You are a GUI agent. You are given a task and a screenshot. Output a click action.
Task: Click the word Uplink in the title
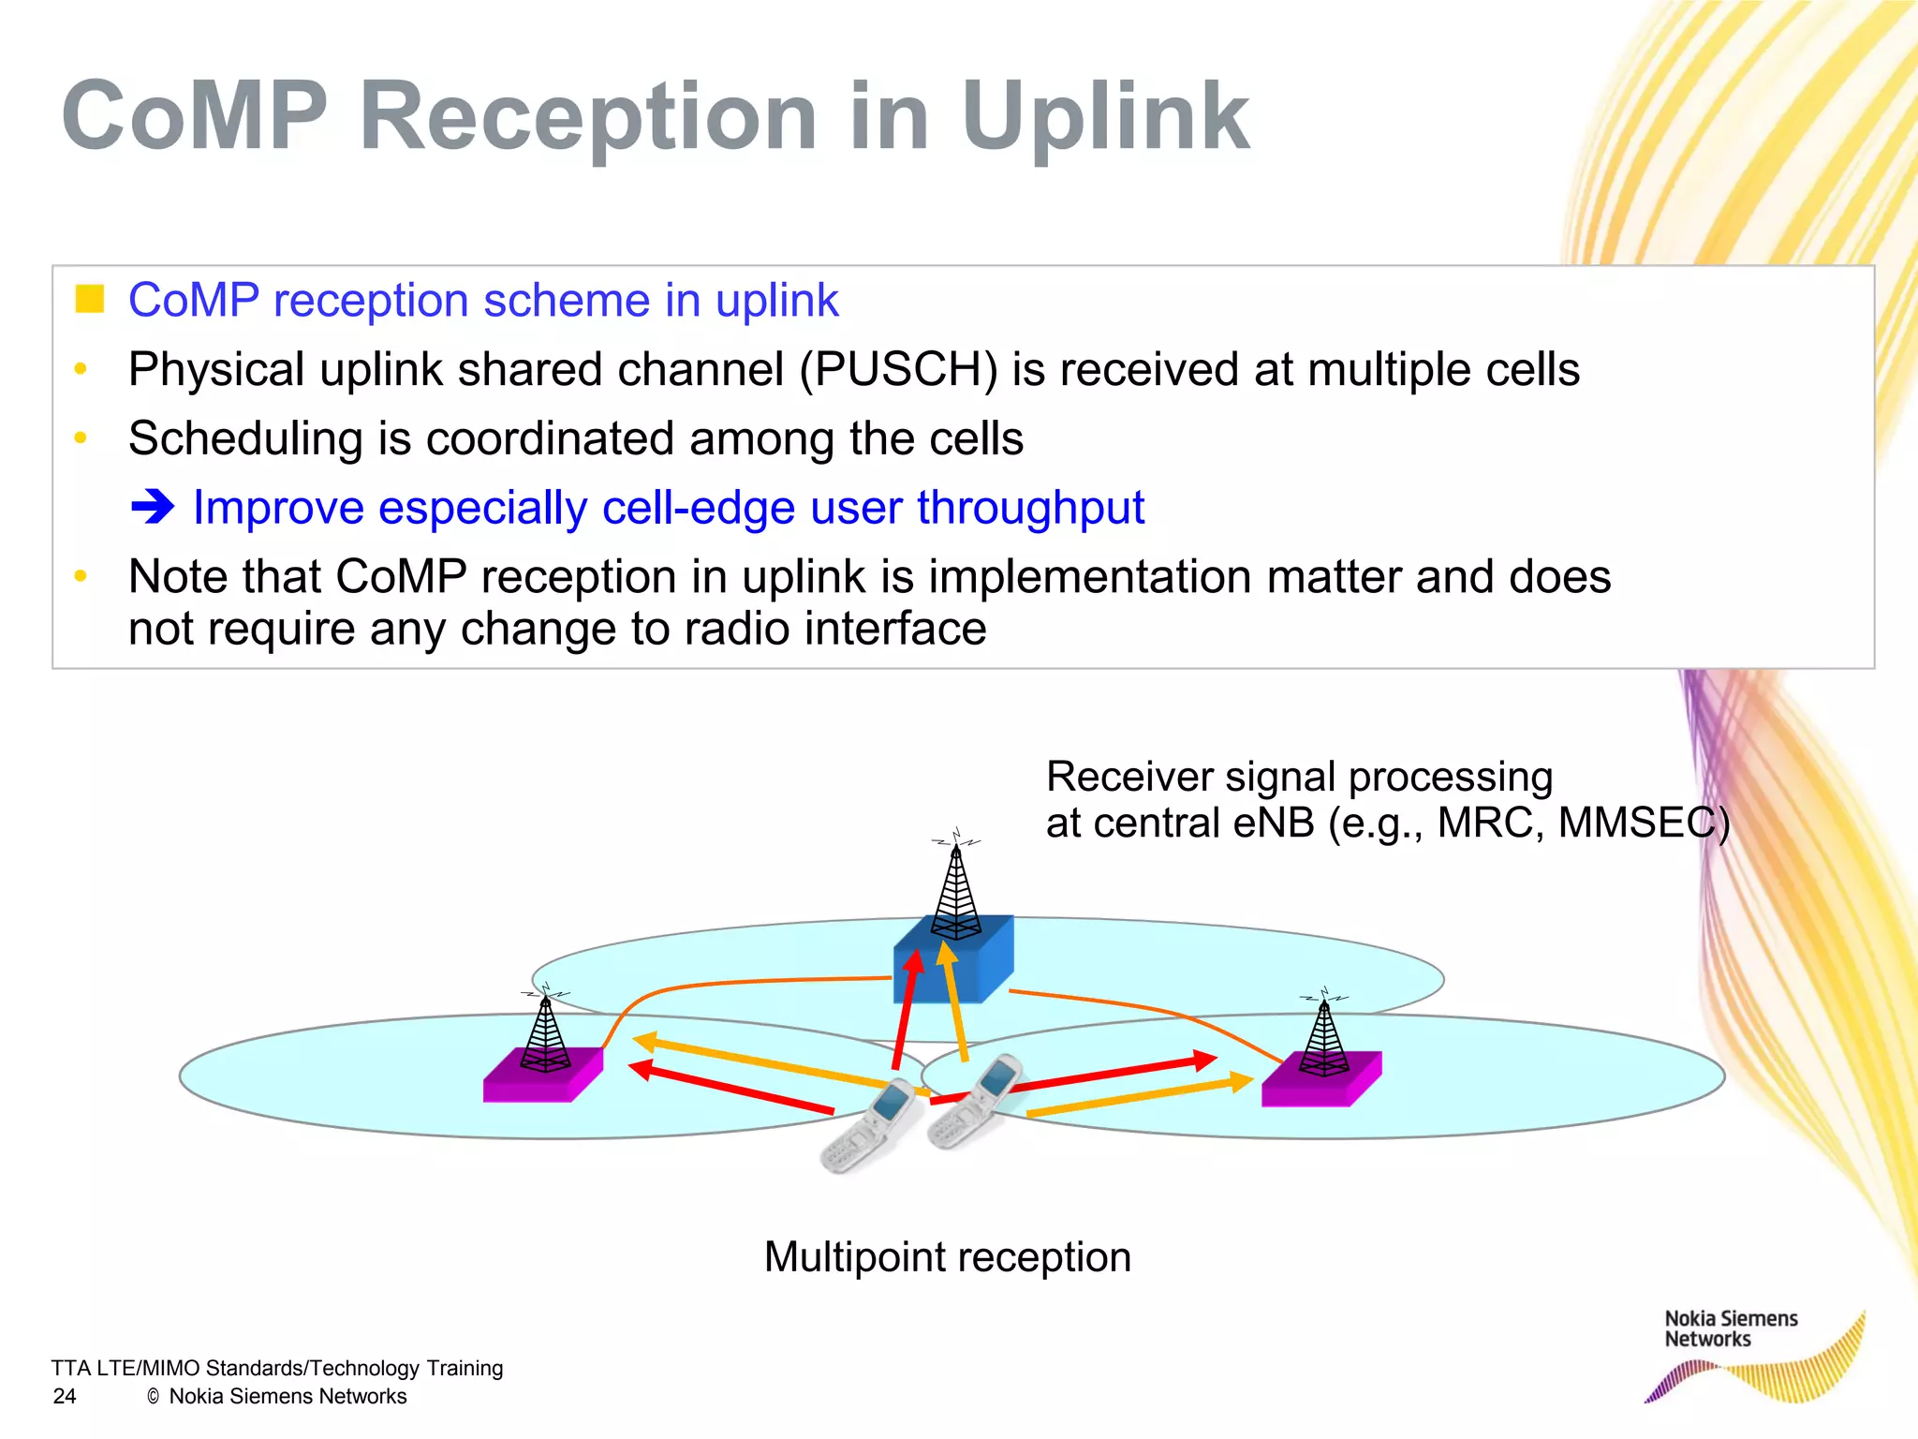click(1105, 117)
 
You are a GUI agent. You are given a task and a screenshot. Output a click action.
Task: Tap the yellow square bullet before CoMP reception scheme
click(89, 299)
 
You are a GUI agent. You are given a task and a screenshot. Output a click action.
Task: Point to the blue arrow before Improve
click(153, 508)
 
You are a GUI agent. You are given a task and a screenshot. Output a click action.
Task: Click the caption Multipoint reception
click(947, 1256)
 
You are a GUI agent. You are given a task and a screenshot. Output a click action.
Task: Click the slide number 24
click(65, 1396)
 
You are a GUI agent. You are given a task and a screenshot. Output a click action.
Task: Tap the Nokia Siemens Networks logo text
click(1730, 1328)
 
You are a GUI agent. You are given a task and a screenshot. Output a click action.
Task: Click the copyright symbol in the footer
click(154, 1397)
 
